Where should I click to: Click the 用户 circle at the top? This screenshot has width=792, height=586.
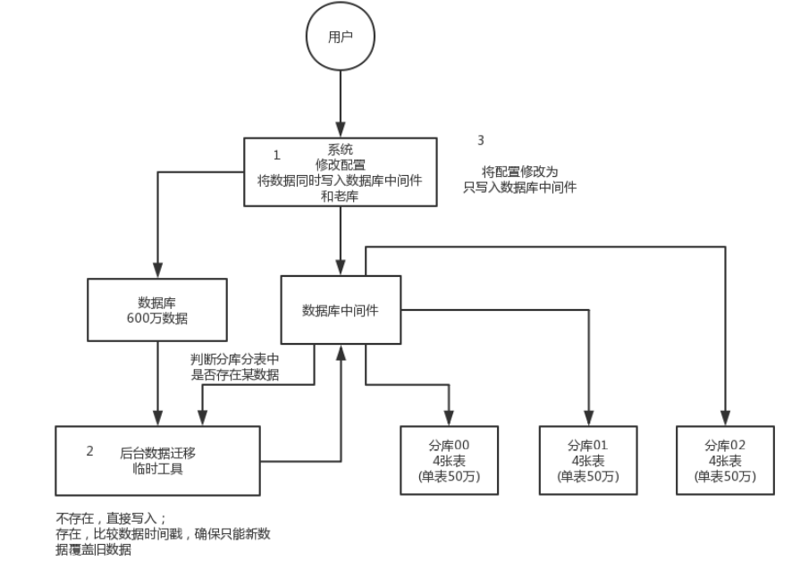[x=340, y=38]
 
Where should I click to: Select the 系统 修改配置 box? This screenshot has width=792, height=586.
[x=340, y=172]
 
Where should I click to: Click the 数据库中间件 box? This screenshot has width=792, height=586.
[x=341, y=310]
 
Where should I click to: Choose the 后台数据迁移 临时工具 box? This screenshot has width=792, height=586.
[x=157, y=460]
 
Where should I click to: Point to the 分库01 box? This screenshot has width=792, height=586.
[x=587, y=460]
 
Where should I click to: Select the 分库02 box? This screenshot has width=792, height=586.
[x=725, y=460]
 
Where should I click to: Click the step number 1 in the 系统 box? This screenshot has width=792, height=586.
[x=276, y=155]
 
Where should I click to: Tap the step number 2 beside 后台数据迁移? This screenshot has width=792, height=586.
[x=89, y=451]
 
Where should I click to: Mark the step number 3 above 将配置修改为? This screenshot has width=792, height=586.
[x=481, y=140]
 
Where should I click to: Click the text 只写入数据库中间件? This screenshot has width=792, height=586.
[x=519, y=187]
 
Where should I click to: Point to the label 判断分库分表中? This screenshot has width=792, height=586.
[x=235, y=360]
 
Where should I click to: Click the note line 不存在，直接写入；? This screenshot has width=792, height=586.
[x=113, y=518]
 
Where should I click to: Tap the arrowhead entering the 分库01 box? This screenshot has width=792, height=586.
[x=588, y=419]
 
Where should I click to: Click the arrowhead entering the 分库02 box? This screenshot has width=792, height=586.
[x=725, y=419]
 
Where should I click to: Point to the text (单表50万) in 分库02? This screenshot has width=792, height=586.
[x=725, y=477]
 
